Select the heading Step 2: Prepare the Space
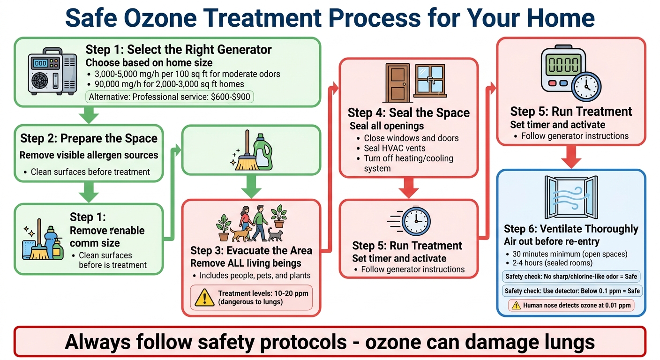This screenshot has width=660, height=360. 89,138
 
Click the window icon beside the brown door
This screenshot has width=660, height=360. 429,81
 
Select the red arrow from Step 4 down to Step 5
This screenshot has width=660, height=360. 408,188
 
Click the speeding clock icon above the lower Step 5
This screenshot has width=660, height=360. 411,221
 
